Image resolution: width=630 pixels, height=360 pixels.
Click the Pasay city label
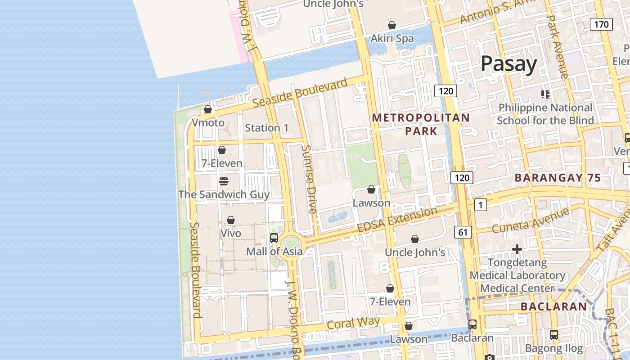pyautogui.click(x=508, y=64)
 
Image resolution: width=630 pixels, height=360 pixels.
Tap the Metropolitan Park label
pyautogui.click(x=421, y=124)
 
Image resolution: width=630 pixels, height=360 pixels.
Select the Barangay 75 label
pyautogui.click(x=558, y=178)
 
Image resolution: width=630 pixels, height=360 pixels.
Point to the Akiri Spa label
pyautogui.click(x=392, y=39)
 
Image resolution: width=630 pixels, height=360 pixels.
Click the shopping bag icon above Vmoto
pyautogui.click(x=208, y=109)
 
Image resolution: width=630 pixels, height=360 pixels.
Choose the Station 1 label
pyautogui.click(x=267, y=128)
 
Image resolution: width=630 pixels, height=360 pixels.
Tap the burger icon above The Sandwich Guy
pyautogui.click(x=224, y=181)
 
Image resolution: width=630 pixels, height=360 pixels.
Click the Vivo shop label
pyautogui.click(x=231, y=233)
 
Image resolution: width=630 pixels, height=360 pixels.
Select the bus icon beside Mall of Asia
pyautogui.click(x=274, y=238)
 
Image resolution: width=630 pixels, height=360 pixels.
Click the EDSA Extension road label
pyautogui.click(x=397, y=220)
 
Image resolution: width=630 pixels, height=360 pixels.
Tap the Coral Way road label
pyautogui.click(x=353, y=323)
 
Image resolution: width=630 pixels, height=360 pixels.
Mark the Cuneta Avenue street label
pyautogui.click(x=530, y=220)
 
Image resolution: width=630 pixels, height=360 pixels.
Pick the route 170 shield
pyautogui.click(x=601, y=24)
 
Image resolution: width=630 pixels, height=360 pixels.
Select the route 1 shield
pyautogui.click(x=481, y=205)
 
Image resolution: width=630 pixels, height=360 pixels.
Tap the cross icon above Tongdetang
pyautogui.click(x=517, y=249)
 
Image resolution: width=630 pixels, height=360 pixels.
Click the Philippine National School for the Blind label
pyautogui.click(x=545, y=114)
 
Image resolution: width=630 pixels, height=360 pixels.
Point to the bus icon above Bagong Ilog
pyautogui.click(x=554, y=335)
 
